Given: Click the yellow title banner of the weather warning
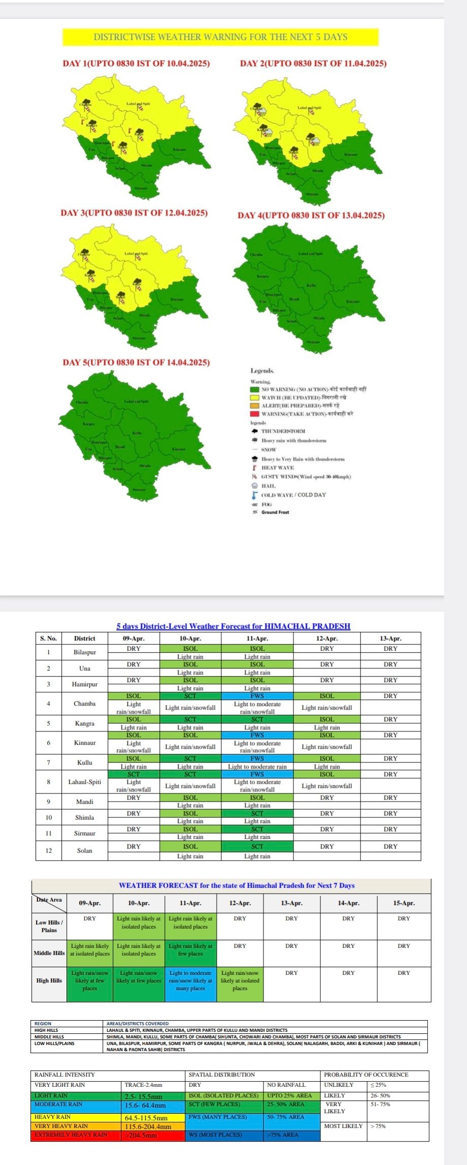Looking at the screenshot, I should point(220,37).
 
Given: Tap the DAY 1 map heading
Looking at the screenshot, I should point(136,64).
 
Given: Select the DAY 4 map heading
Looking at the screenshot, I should point(311,216).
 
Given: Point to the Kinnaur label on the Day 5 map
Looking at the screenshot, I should point(179,449).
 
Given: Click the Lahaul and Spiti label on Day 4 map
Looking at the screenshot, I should point(310,253).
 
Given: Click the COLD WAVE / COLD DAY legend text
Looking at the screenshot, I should point(293,495).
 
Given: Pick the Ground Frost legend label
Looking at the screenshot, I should point(275,512).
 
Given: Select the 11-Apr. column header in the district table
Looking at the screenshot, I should point(257,638).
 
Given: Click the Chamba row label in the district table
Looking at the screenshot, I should point(84,704).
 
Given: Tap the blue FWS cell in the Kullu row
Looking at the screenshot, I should point(257,758).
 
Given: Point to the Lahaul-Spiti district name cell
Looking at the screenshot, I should point(84,782).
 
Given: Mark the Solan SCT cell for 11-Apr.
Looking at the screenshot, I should point(257,846).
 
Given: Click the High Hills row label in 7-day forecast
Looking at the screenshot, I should point(49,980).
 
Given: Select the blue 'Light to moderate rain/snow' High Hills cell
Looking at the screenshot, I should point(190,980).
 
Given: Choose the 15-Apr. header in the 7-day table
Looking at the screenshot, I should point(404,903).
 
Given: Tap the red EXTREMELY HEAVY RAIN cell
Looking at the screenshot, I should point(76,1135).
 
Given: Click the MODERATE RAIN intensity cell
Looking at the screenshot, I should point(76,1105).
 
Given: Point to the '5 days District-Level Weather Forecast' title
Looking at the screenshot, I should point(233,626).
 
